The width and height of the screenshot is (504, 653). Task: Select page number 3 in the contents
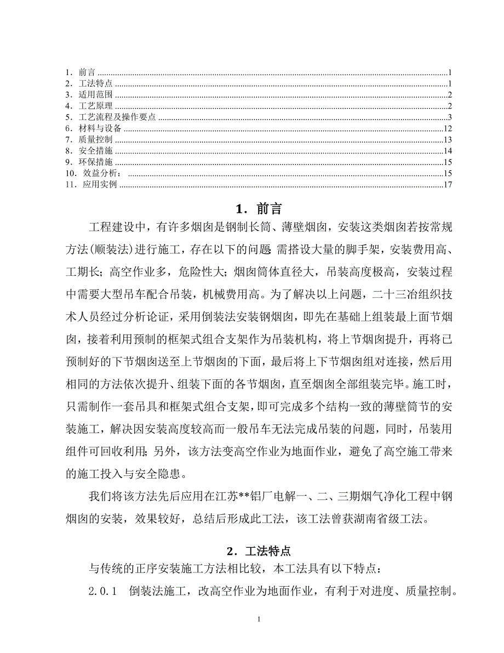tap(449, 117)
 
